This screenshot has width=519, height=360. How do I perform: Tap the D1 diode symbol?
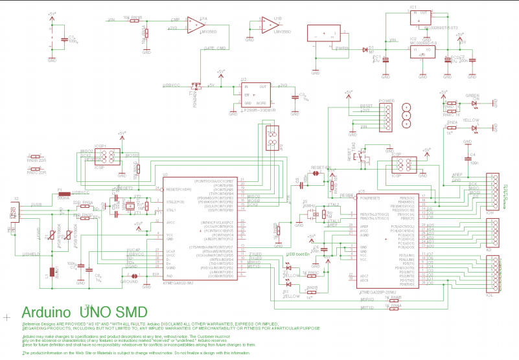[x=363, y=49]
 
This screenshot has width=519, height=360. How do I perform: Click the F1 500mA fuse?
[x=63, y=194]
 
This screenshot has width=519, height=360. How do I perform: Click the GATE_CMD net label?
[x=214, y=49]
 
